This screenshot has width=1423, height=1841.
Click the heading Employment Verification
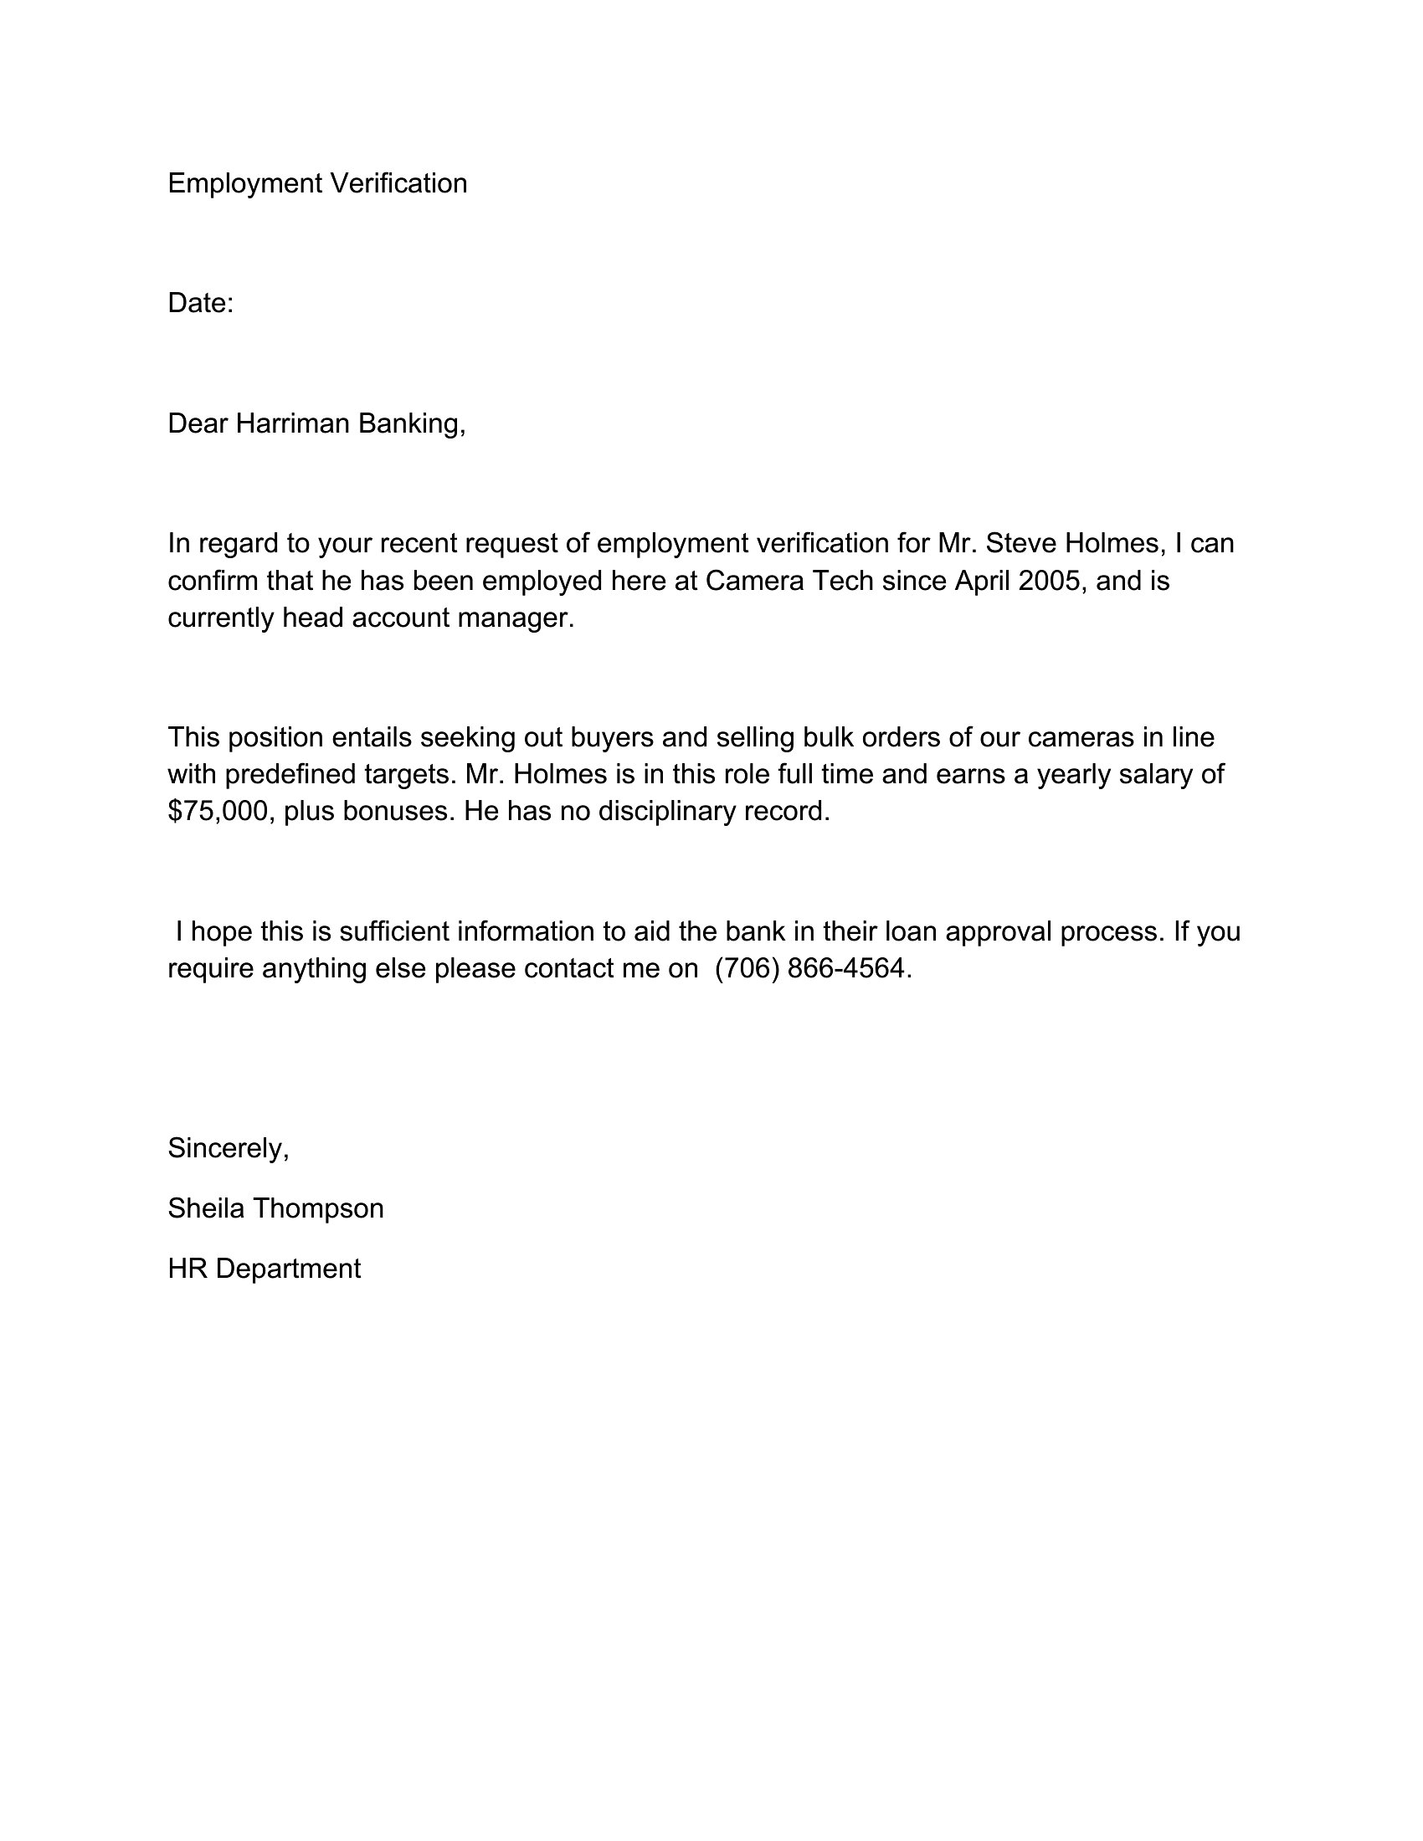[317, 183]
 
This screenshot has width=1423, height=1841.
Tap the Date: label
[201, 303]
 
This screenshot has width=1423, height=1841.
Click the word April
[982, 581]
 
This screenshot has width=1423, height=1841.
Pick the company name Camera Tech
[789, 581]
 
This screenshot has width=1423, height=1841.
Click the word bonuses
[395, 811]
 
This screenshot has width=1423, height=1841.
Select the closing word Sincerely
[228, 1148]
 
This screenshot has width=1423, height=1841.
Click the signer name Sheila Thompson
[275, 1208]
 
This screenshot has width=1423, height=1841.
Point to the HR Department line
[264, 1269]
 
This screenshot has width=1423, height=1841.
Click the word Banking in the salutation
[411, 423]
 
